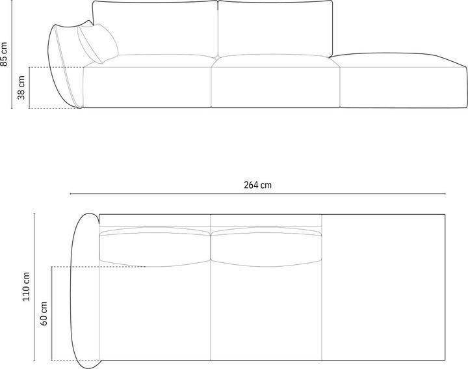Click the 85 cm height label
pyautogui.click(x=6, y=55)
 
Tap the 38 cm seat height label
pyautogui.click(x=21, y=87)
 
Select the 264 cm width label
pyautogui.click(x=258, y=184)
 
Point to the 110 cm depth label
pyautogui.click(x=27, y=287)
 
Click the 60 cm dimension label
pyautogui.click(x=44, y=312)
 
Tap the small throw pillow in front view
pyautogui.click(x=97, y=43)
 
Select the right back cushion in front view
pyautogui.click(x=275, y=29)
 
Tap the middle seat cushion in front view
pyautogui.click(x=276, y=83)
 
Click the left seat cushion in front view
pyautogui.click(x=148, y=83)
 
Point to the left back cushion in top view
pyautogui.click(x=155, y=245)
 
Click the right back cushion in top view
pyautogui.click(x=266, y=245)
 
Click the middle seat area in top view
pyautogui.click(x=266, y=312)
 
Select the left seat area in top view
pyautogui.click(x=155, y=312)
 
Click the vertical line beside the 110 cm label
pyautogui.click(x=35, y=287)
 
